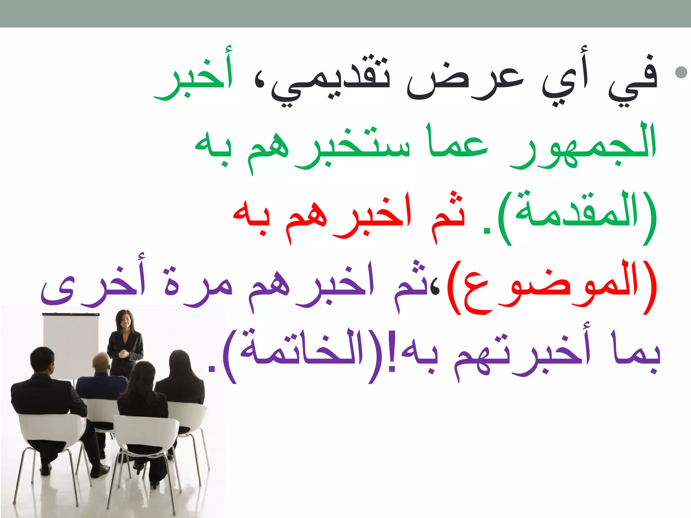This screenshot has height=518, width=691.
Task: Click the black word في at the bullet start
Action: [633, 79]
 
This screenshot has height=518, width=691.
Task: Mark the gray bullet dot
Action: [681, 72]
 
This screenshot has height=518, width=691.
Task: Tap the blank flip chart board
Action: [71, 344]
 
